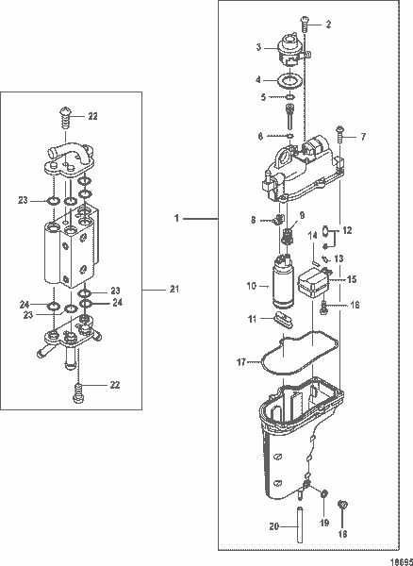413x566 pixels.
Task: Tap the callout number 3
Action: click(258, 46)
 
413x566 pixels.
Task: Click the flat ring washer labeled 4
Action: click(293, 79)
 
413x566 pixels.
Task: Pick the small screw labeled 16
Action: click(324, 306)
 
